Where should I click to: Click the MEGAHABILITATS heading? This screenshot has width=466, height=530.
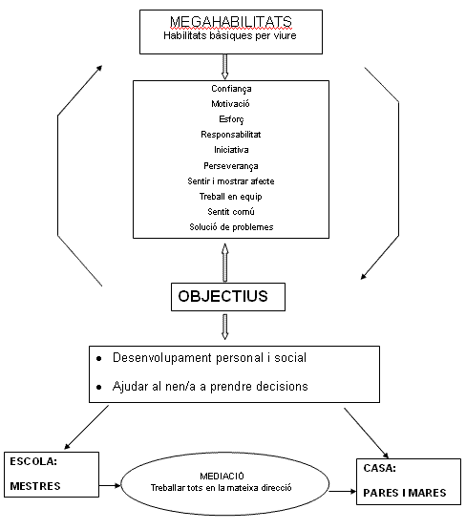[x=231, y=22]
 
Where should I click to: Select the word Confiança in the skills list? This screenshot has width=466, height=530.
[x=231, y=89]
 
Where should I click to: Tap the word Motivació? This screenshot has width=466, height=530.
[x=230, y=103]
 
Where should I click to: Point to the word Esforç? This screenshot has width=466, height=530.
[x=231, y=119]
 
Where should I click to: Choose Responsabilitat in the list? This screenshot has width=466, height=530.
[x=231, y=135]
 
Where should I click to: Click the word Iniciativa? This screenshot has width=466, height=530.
[x=231, y=149]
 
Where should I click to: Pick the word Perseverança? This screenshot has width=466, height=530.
[x=231, y=165]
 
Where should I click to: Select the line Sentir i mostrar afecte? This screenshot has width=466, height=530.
[x=231, y=181]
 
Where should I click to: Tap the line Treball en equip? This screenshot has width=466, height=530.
[x=230, y=197]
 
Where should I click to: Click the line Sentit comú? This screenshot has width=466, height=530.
[x=231, y=212]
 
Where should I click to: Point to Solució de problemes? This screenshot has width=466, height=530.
[x=231, y=227]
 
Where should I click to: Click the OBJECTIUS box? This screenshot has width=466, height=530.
[x=228, y=297]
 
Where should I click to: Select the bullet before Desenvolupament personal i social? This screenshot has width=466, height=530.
[x=98, y=358]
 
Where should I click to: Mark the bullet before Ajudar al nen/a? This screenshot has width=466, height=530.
[x=98, y=387]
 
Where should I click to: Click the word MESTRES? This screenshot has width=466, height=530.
[x=35, y=486]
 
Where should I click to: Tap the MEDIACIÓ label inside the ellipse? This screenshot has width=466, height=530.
[x=222, y=476]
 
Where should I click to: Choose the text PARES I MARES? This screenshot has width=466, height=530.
[x=405, y=493]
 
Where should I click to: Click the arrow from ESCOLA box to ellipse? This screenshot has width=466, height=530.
[x=110, y=486]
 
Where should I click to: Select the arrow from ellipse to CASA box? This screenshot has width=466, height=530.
[x=343, y=491]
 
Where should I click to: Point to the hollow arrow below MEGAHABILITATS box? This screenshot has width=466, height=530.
[x=224, y=67]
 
